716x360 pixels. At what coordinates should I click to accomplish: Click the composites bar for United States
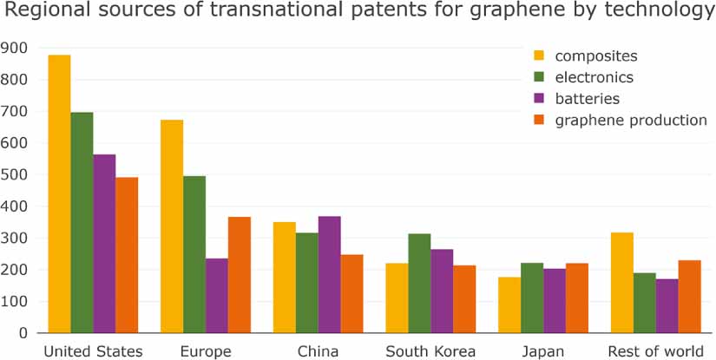[x=59, y=194]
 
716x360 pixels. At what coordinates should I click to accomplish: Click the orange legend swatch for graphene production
[x=539, y=121]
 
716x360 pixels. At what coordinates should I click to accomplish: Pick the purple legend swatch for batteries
[x=539, y=99]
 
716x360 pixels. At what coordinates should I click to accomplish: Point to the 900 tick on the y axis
[x=15, y=48]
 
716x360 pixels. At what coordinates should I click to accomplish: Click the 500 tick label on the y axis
[x=15, y=174]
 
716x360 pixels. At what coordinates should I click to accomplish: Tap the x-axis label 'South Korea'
[x=430, y=351]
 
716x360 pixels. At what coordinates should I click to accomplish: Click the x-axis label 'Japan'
[x=543, y=351]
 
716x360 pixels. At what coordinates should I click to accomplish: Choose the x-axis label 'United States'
[x=93, y=351]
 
